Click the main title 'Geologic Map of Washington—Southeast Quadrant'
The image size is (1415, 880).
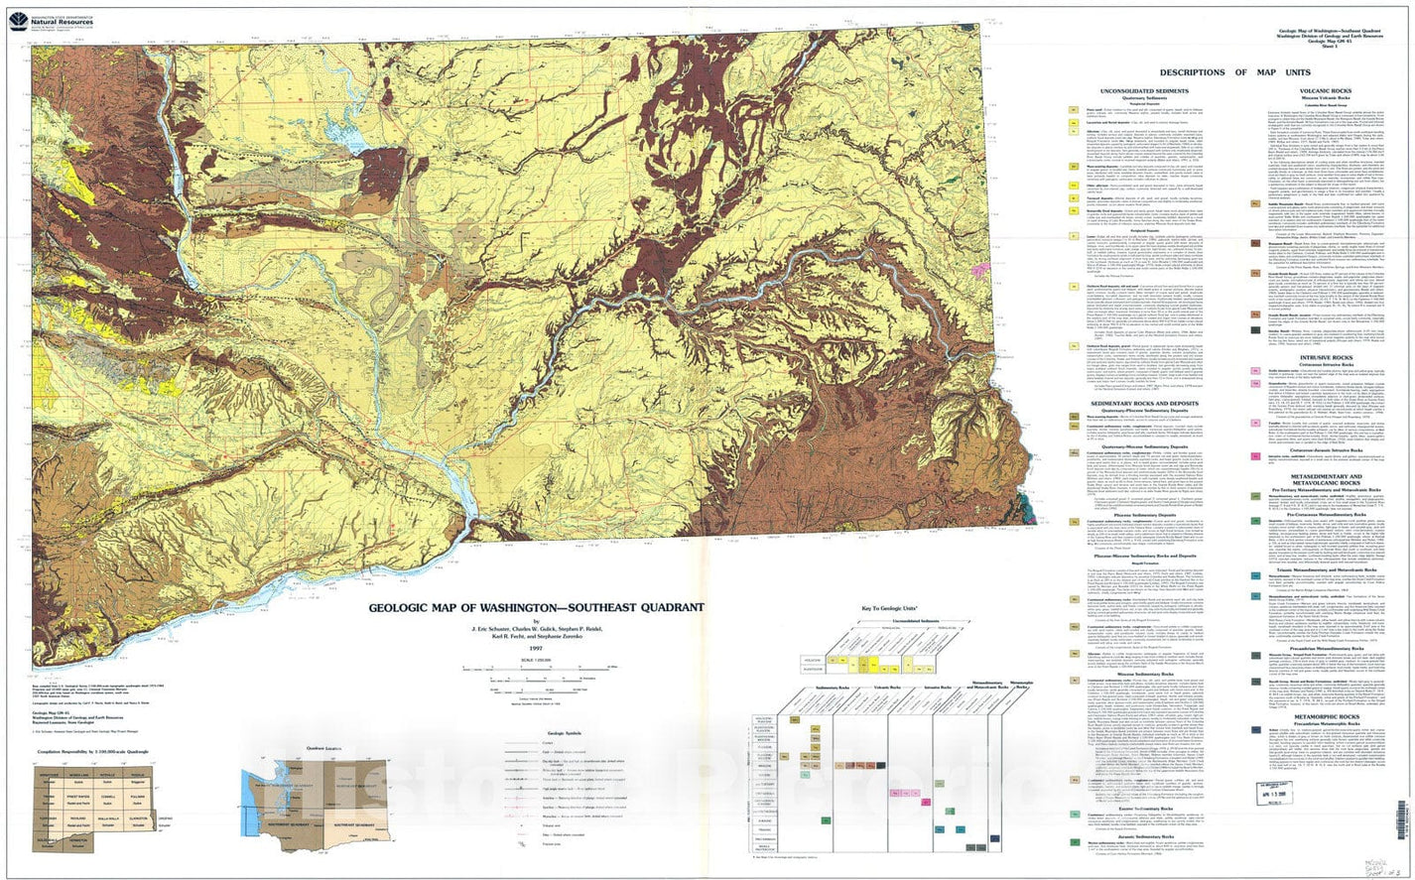(537, 608)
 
